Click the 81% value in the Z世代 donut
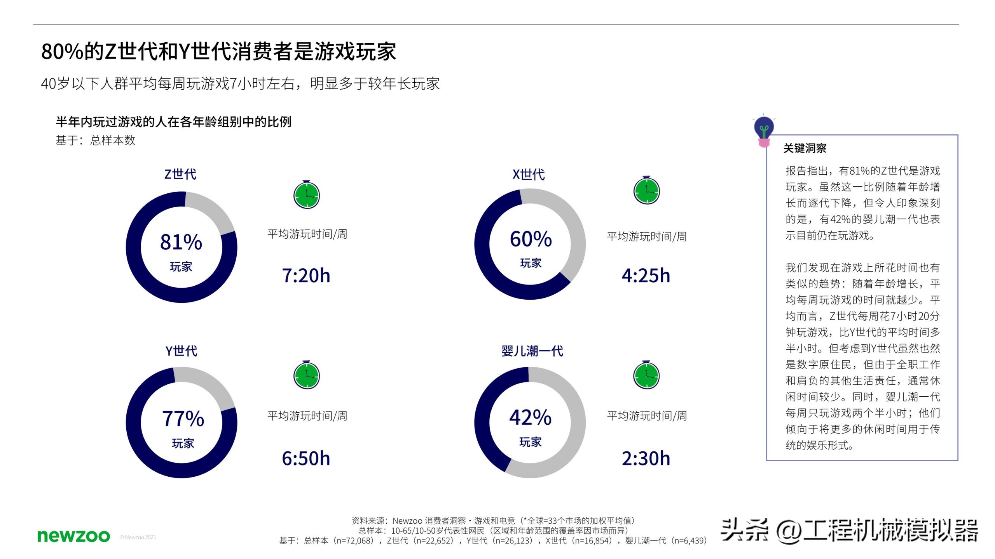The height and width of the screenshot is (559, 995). (x=181, y=242)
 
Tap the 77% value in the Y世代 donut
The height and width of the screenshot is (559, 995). (x=183, y=418)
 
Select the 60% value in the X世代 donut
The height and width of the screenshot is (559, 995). (x=531, y=239)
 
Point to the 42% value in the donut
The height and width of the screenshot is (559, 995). (x=530, y=417)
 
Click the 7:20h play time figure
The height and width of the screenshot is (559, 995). (x=306, y=276)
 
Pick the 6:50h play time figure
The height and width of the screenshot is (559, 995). (x=306, y=458)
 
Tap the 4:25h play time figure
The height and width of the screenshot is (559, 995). (x=646, y=276)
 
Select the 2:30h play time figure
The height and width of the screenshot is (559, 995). (x=646, y=458)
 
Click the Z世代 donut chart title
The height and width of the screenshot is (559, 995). (x=180, y=174)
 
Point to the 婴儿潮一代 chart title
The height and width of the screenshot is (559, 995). (x=532, y=351)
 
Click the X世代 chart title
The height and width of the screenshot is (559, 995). (x=529, y=174)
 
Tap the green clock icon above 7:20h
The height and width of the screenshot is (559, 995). (x=306, y=194)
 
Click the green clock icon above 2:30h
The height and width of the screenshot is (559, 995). (x=646, y=375)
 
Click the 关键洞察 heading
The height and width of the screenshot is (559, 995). (x=805, y=148)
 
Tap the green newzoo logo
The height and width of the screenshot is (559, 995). (x=73, y=536)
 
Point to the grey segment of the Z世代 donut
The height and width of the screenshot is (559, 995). (x=212, y=212)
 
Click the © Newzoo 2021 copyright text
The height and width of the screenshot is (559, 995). (x=138, y=537)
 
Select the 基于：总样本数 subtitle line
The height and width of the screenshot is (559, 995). (x=95, y=140)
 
